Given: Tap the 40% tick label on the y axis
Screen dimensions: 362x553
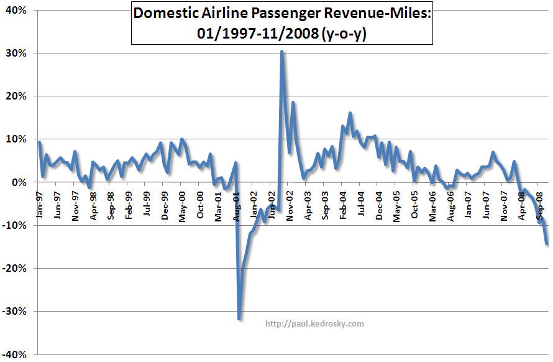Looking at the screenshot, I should pyautogui.click(x=15, y=11).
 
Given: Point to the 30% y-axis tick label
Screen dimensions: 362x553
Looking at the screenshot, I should pyautogui.click(x=15, y=53).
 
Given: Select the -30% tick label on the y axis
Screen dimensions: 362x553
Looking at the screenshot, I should pyautogui.click(x=14, y=311).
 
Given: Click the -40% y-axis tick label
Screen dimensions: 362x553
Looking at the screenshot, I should pyautogui.click(x=14, y=354).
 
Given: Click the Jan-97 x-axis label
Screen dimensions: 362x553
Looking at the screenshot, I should pyautogui.click(x=39, y=203).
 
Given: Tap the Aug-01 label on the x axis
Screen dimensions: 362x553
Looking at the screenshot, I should pyautogui.click(x=237, y=203).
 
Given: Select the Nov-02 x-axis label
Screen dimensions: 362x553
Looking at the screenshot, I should pyautogui.click(x=291, y=203).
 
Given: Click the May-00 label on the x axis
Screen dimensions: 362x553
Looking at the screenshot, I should pyautogui.click(x=183, y=203).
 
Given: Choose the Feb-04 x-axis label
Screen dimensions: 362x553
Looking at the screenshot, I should pyautogui.click(x=344, y=203).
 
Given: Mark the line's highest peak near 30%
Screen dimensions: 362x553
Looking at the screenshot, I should pyautogui.click(x=282, y=52).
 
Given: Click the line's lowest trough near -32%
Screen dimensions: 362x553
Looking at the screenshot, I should pyautogui.click(x=239, y=318).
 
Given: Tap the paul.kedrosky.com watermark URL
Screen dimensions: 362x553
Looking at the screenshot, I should pyautogui.click(x=314, y=323).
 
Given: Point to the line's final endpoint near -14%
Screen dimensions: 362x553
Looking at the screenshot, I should pyautogui.click(x=547, y=243).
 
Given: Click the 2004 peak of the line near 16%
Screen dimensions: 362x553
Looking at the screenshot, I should pyautogui.click(x=350, y=113).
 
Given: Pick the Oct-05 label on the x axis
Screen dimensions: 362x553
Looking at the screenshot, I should pyautogui.click(x=416, y=203).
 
